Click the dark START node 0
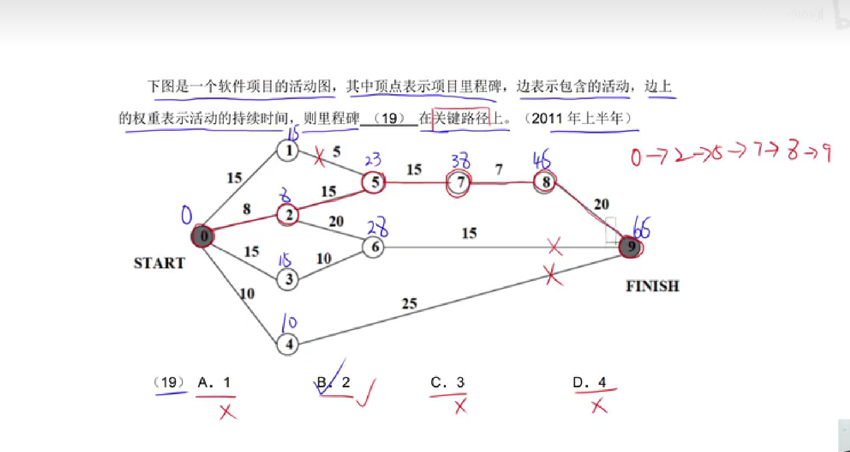point(203,236)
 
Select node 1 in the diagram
point(288,151)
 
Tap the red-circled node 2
point(288,214)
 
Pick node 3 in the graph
point(288,279)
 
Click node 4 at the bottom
point(288,344)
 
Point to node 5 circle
point(374,182)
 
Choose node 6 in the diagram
point(374,247)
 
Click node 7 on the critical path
point(459,183)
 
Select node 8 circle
point(545,182)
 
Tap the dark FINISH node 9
point(631,247)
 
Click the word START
point(159,263)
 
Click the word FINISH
point(653,286)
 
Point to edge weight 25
point(410,304)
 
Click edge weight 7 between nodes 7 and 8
point(499,170)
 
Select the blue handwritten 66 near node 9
point(641,228)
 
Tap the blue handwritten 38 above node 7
point(461,160)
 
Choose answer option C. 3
point(447,382)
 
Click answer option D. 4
point(589,382)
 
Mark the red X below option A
point(227,411)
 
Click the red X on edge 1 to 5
point(319,157)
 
